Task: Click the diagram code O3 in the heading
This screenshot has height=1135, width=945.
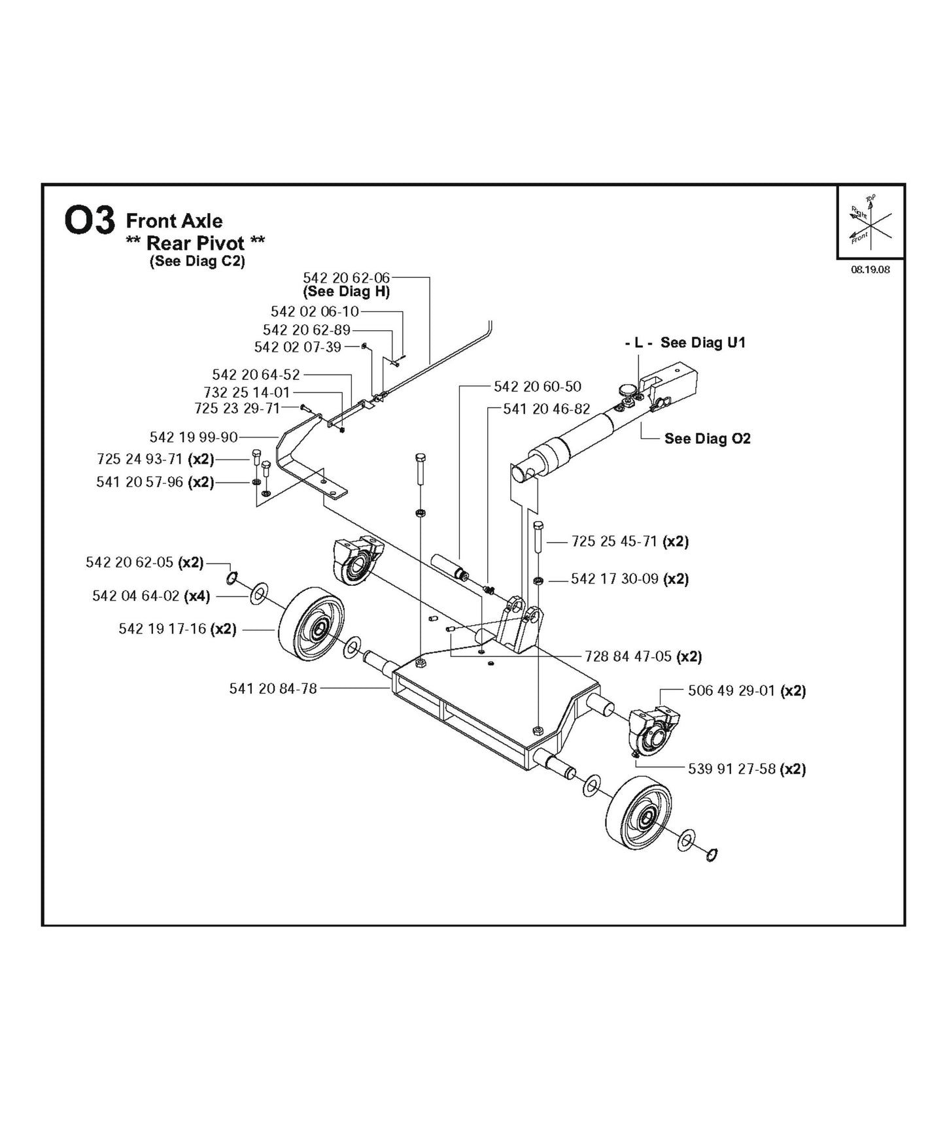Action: [x=90, y=221]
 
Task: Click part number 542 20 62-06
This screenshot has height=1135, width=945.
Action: [x=346, y=278]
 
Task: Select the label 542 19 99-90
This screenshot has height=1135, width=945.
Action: [x=194, y=437]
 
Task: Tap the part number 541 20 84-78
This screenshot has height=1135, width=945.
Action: [x=273, y=688]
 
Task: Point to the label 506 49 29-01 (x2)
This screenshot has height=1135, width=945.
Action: [x=746, y=690]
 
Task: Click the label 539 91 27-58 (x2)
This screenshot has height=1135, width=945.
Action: [x=746, y=769]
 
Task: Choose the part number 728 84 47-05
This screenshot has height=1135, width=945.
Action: [x=628, y=656]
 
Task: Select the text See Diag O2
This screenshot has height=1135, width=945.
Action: [x=707, y=439]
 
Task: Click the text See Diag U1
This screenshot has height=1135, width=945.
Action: [x=702, y=343]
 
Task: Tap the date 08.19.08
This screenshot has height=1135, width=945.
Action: [x=870, y=269]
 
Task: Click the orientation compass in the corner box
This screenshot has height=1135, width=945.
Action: [x=870, y=222]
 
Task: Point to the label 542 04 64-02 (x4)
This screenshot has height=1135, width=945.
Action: [x=151, y=596]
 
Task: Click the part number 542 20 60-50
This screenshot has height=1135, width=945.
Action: [x=537, y=386]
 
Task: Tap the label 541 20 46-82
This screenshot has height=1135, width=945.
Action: [x=546, y=409]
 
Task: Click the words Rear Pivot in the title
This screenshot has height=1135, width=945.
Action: [x=196, y=243]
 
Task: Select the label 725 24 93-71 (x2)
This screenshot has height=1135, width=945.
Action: [x=155, y=459]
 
